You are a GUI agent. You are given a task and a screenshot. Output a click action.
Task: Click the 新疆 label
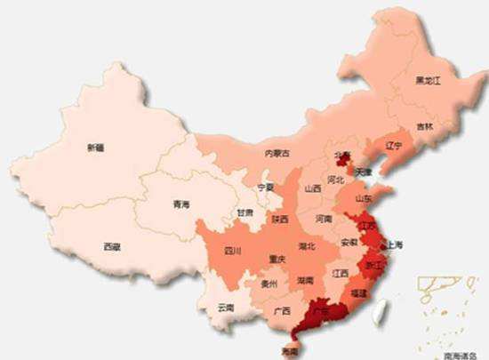pyautogui.click(x=94, y=148)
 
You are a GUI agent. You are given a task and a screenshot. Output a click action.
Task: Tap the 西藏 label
pyautogui.click(x=111, y=245)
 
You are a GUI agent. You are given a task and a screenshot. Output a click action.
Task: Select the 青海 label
pyautogui.click(x=181, y=205)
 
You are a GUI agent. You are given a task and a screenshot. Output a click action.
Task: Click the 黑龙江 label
pyautogui.click(x=428, y=81)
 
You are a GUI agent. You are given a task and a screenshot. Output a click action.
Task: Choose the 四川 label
pyautogui.click(x=233, y=252)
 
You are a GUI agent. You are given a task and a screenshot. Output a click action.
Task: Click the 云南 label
pyautogui.click(x=226, y=308)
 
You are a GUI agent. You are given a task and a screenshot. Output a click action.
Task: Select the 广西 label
pyautogui.click(x=282, y=311)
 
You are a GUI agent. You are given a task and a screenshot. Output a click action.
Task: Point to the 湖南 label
pyautogui.click(x=305, y=280)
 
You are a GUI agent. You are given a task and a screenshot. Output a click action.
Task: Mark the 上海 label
pyautogui.click(x=394, y=244)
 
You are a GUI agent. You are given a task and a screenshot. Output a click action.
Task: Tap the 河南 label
pyautogui.click(x=324, y=219)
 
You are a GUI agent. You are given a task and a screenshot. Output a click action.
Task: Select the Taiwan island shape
pyautogui.click(x=383, y=307)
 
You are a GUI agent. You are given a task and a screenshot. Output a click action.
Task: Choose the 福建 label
pyautogui.click(x=358, y=292)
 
